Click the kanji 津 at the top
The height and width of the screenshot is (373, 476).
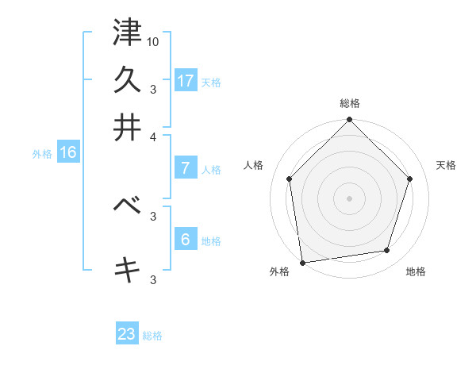click(x=127, y=33)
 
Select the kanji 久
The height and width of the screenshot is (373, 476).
click(x=127, y=79)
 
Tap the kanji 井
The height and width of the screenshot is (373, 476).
click(x=127, y=126)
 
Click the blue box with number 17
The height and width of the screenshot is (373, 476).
click(x=186, y=81)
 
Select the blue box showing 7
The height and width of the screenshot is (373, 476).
click(x=186, y=168)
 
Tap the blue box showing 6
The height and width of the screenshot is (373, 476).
click(x=186, y=240)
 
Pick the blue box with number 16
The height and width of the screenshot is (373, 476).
click(x=68, y=152)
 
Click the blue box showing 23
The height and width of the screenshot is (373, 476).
click(x=127, y=334)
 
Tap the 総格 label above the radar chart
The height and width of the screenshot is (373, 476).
click(x=350, y=103)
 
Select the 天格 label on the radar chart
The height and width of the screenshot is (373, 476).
click(x=446, y=165)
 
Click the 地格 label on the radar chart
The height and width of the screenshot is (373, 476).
click(x=416, y=272)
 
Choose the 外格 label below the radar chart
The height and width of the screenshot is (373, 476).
click(x=279, y=272)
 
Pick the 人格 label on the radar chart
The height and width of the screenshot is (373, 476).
click(x=254, y=165)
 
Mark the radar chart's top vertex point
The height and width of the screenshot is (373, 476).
click(x=349, y=121)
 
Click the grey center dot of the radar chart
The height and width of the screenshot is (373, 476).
click(x=349, y=198)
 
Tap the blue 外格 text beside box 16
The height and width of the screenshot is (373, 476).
click(x=42, y=154)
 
